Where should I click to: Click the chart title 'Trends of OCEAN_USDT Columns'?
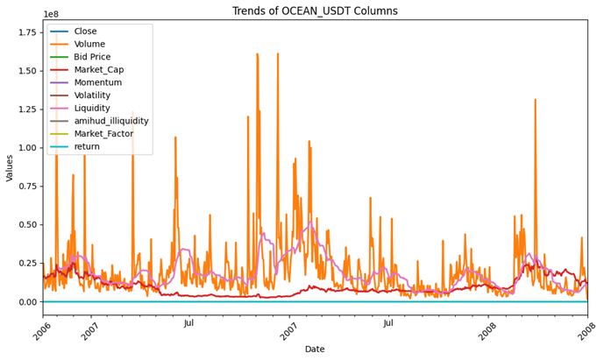tap(315, 11)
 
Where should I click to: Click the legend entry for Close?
tap(86, 32)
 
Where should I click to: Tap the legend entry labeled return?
tap(87, 146)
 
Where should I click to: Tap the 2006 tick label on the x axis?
tap(44, 331)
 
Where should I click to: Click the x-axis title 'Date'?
tap(315, 349)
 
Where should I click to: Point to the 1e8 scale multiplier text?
tap(51, 15)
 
